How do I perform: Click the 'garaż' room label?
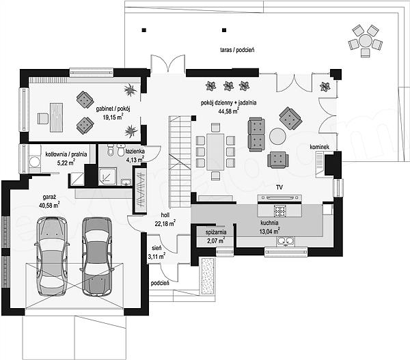coord(49,197)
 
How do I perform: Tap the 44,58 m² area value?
coord(228,111)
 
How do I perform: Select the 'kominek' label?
coord(320,147)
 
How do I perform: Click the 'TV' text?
coord(279,187)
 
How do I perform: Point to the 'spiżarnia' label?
coord(216,232)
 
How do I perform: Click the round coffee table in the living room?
coord(277,136)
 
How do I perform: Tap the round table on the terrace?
coord(366,41)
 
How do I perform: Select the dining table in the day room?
coord(215,152)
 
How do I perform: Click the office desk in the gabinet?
coord(57,117)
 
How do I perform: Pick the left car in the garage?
coord(52,256)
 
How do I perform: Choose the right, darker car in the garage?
coord(97,257)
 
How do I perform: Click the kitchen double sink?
coord(286,241)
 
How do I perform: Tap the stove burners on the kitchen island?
coord(280,211)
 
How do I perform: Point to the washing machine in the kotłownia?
coord(35,162)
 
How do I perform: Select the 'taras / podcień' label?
coord(237,50)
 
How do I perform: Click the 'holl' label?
coord(165,215)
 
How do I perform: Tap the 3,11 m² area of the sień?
coord(156,256)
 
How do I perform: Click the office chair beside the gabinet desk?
coord(43,118)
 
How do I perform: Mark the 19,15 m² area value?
coord(113,117)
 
